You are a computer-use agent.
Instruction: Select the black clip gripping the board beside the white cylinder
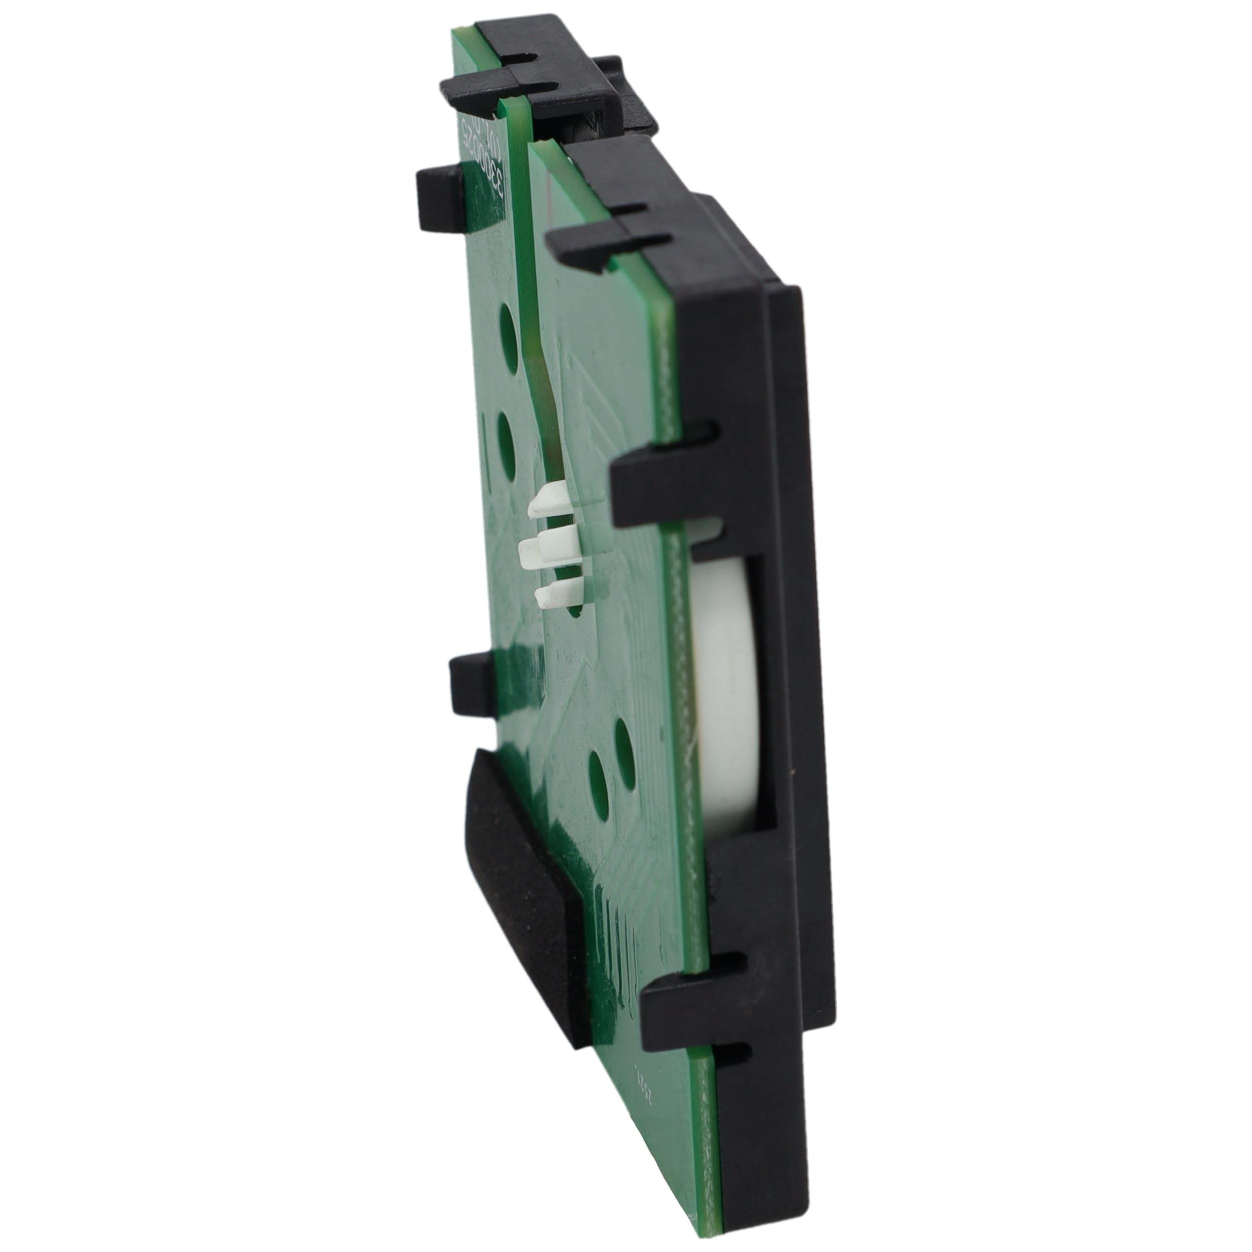pyautogui.click(x=655, y=474)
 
